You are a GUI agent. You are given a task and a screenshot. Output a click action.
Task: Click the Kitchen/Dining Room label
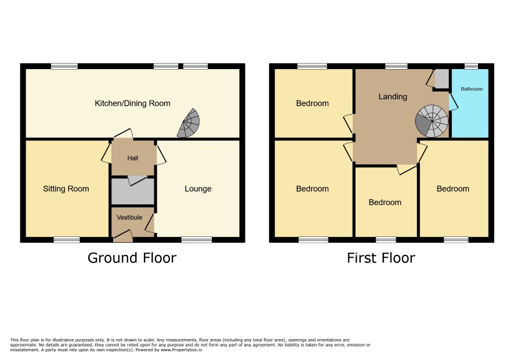point(132,103)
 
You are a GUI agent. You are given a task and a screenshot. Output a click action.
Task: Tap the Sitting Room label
point(66,189)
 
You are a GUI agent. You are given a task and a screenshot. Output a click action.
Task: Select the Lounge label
point(198,189)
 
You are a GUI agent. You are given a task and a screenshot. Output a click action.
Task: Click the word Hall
point(133,158)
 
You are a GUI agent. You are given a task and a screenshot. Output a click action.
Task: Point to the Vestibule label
point(129,217)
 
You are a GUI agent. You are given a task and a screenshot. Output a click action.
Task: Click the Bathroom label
point(472,89)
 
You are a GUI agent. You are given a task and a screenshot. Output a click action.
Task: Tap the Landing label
point(393,96)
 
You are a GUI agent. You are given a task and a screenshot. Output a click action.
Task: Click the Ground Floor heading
point(132,258)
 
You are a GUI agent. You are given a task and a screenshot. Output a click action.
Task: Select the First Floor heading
point(381,258)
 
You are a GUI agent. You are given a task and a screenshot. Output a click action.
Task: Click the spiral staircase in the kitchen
point(189,124)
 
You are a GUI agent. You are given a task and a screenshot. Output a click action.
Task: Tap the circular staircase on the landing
point(432,121)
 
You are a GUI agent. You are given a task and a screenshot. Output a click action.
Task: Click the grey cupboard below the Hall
point(133,191)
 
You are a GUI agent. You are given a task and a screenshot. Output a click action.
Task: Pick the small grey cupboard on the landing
point(441,79)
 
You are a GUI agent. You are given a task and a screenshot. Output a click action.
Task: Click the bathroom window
point(471,67)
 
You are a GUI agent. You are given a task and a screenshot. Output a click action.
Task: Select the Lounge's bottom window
point(197,240)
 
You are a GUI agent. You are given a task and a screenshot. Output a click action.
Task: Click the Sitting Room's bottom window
point(67,240)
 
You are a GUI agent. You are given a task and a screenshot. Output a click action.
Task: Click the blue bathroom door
point(453,102)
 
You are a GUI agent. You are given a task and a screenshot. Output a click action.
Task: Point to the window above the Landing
point(396,67)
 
